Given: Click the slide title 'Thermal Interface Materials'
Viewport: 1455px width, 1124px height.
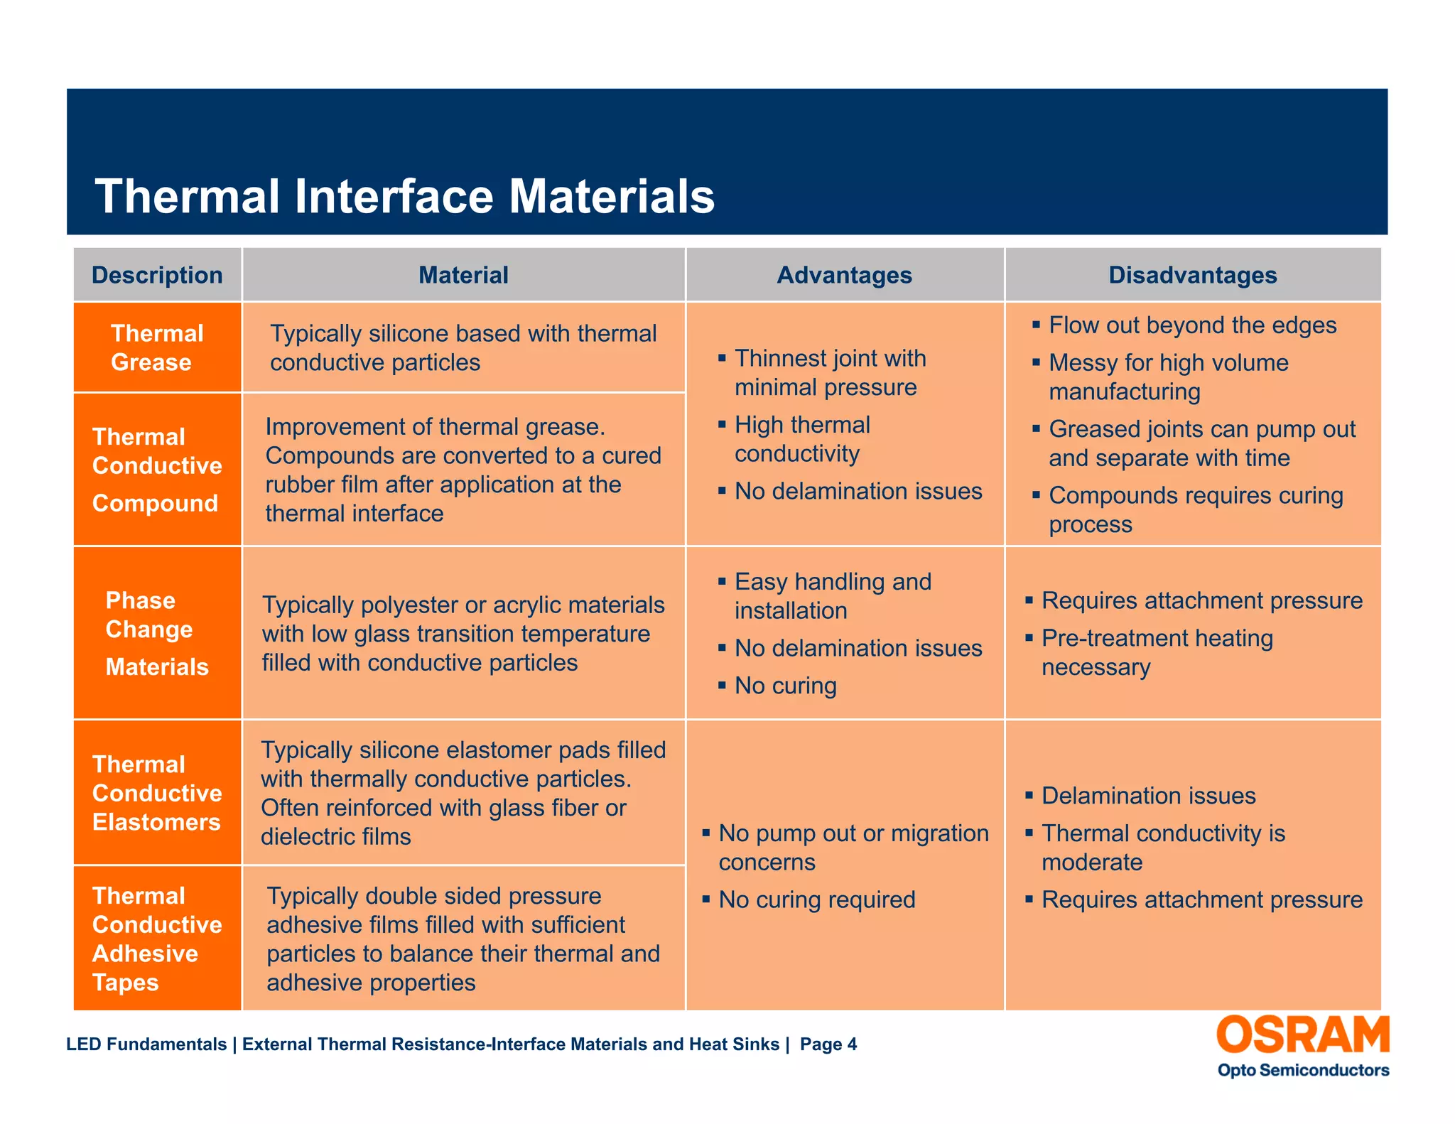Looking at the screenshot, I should [404, 196].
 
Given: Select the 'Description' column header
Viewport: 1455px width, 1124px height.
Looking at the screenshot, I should [157, 275].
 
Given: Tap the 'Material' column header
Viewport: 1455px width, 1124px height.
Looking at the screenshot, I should [463, 275].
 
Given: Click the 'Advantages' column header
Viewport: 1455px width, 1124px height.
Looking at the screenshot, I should [844, 275].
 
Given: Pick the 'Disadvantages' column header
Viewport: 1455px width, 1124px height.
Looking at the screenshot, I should [1192, 275].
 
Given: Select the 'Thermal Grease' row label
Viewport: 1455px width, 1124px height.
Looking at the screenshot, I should [156, 348].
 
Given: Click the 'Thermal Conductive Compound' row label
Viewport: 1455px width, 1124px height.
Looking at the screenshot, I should [156, 470].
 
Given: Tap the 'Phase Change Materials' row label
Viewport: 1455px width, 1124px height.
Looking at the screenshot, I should [156, 633].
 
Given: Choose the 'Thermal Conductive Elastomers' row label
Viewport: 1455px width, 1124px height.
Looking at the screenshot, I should [156, 793].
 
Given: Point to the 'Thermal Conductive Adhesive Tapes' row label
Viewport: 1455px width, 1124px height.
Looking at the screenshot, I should [156, 939].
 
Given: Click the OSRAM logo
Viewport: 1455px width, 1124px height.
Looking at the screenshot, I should [1302, 1034].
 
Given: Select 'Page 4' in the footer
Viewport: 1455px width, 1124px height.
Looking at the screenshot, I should [828, 1044].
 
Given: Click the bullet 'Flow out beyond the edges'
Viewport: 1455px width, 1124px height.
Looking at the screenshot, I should [1192, 325].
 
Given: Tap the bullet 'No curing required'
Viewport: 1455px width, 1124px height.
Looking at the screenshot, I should [816, 899].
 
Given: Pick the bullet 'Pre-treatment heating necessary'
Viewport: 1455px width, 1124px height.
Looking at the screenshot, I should [1157, 652].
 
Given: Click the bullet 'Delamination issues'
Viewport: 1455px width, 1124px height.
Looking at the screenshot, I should [1148, 796].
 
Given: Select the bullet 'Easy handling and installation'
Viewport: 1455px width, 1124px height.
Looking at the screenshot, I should [832, 595].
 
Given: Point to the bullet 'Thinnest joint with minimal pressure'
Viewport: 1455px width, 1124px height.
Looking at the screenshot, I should [829, 372].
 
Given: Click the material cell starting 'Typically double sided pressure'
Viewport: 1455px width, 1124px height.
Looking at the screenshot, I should [463, 939].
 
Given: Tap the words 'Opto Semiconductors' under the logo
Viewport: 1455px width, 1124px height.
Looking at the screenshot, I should [1303, 1070].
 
